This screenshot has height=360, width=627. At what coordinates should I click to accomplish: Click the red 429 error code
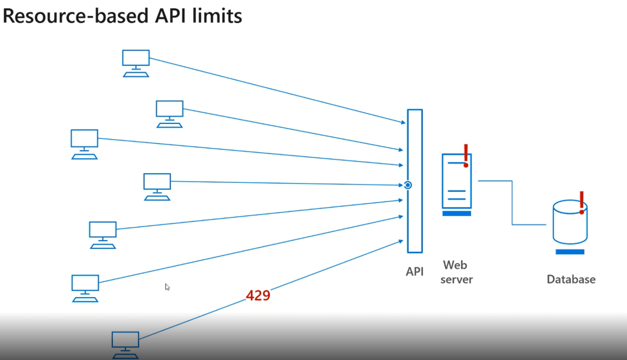click(x=258, y=296)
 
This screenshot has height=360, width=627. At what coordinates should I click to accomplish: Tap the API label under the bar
click(x=414, y=272)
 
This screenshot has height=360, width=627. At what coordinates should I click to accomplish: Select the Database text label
click(x=571, y=279)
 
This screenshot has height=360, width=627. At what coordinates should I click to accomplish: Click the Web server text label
click(x=456, y=272)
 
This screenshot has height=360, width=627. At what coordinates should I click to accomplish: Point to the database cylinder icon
click(x=569, y=223)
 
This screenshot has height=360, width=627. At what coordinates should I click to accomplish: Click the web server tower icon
click(x=457, y=182)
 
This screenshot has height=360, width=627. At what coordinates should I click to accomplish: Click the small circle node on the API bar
click(x=408, y=185)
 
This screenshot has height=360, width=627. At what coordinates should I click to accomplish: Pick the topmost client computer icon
click(x=136, y=63)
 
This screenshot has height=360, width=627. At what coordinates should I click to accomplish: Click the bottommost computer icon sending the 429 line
click(x=125, y=345)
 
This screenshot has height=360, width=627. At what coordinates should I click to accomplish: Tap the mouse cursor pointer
click(x=167, y=287)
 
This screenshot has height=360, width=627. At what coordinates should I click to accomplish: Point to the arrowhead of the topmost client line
click(x=403, y=123)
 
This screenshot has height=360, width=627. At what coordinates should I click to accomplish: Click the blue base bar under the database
click(x=570, y=252)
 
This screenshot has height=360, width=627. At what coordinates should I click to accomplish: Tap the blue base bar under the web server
click(x=457, y=214)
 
